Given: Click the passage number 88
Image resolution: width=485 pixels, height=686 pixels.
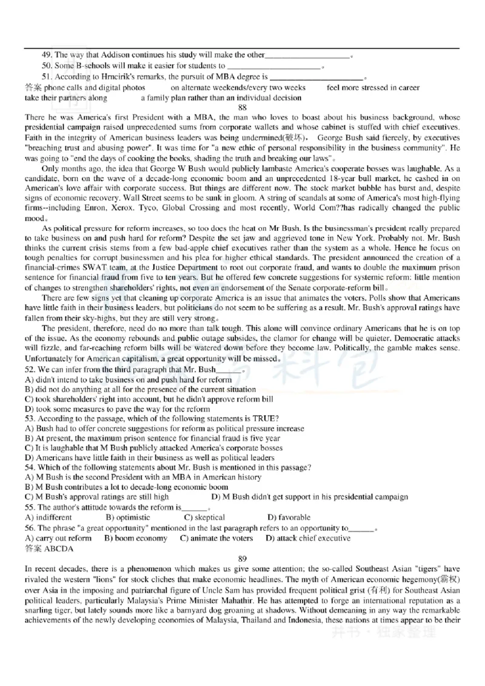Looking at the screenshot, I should coord(242,108).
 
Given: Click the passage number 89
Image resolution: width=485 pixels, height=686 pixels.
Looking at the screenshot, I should coord(242,558).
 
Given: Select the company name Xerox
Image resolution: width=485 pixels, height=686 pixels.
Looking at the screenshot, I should coord(125,207).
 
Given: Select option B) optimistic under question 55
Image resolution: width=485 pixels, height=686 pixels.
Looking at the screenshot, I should coord(128,518).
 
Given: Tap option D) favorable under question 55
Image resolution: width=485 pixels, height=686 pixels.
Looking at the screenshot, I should coord(289,518).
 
